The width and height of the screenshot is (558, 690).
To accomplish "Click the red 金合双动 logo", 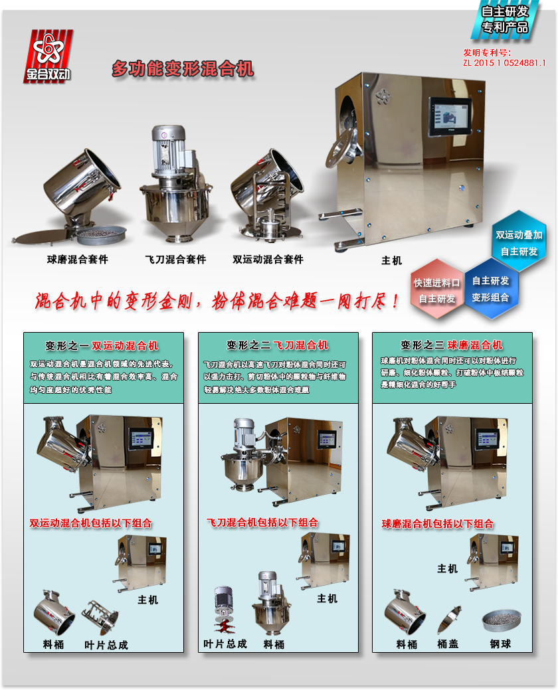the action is pyautogui.click(x=48, y=56).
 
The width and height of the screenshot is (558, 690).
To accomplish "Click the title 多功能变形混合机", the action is pyautogui.click(x=183, y=69).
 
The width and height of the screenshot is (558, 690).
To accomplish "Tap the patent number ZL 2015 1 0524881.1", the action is pyautogui.click(x=504, y=63).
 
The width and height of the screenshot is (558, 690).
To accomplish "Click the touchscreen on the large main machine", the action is pyautogui.click(x=450, y=117).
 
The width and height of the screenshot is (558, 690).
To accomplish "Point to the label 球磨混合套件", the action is pyautogui.click(x=78, y=260).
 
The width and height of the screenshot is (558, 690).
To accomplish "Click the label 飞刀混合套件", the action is pyautogui.click(x=175, y=260).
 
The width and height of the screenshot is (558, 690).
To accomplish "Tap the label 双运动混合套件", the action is pyautogui.click(x=268, y=260).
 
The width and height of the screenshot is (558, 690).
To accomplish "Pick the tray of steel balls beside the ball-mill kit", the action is pyautogui.click(x=102, y=234).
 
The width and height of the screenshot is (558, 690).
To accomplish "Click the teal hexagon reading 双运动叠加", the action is pyautogui.click(x=519, y=242).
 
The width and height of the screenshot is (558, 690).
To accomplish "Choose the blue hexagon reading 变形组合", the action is pyautogui.click(x=491, y=289).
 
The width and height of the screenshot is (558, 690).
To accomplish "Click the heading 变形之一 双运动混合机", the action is pyautogui.click(x=102, y=346).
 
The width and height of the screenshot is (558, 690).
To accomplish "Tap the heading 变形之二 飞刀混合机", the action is pyautogui.click(x=277, y=345).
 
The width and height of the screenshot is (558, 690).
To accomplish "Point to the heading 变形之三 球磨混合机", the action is pyautogui.click(x=452, y=345).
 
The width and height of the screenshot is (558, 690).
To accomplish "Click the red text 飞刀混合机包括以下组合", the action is pyautogui.click(x=262, y=523).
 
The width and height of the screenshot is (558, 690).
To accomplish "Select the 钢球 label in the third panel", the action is pyautogui.click(x=500, y=644).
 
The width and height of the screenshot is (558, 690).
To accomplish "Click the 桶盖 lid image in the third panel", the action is pyautogui.click(x=449, y=620).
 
